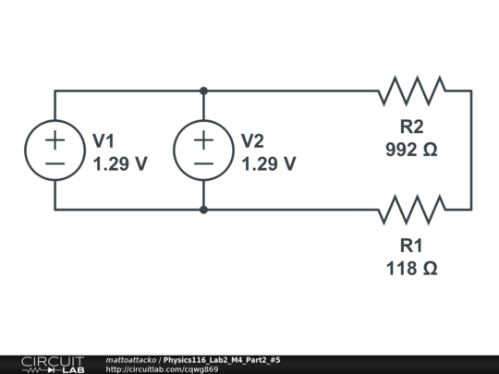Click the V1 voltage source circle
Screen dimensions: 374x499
tap(55, 151)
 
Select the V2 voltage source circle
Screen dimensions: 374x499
tap(203, 151)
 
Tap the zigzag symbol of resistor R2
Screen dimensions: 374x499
tap(411, 90)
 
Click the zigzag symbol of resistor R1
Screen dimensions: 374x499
tap(411, 210)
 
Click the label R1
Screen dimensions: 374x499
tap(411, 246)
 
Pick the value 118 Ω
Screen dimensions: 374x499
tap(411, 269)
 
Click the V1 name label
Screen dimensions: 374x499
tap(103, 140)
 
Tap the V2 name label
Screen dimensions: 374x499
tap(252, 140)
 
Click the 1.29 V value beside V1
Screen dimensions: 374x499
tap(120, 163)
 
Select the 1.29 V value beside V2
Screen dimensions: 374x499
tap(269, 163)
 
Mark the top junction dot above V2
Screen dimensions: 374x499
tap(203, 90)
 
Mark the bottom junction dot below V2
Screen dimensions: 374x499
tap(203, 210)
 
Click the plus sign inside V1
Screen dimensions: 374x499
tap(55, 139)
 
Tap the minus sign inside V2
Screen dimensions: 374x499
tap(203, 163)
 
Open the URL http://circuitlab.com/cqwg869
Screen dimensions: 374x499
tap(162, 369)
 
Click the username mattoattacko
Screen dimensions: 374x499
tap(131, 359)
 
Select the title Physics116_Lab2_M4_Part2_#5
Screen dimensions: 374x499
tap(222, 359)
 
